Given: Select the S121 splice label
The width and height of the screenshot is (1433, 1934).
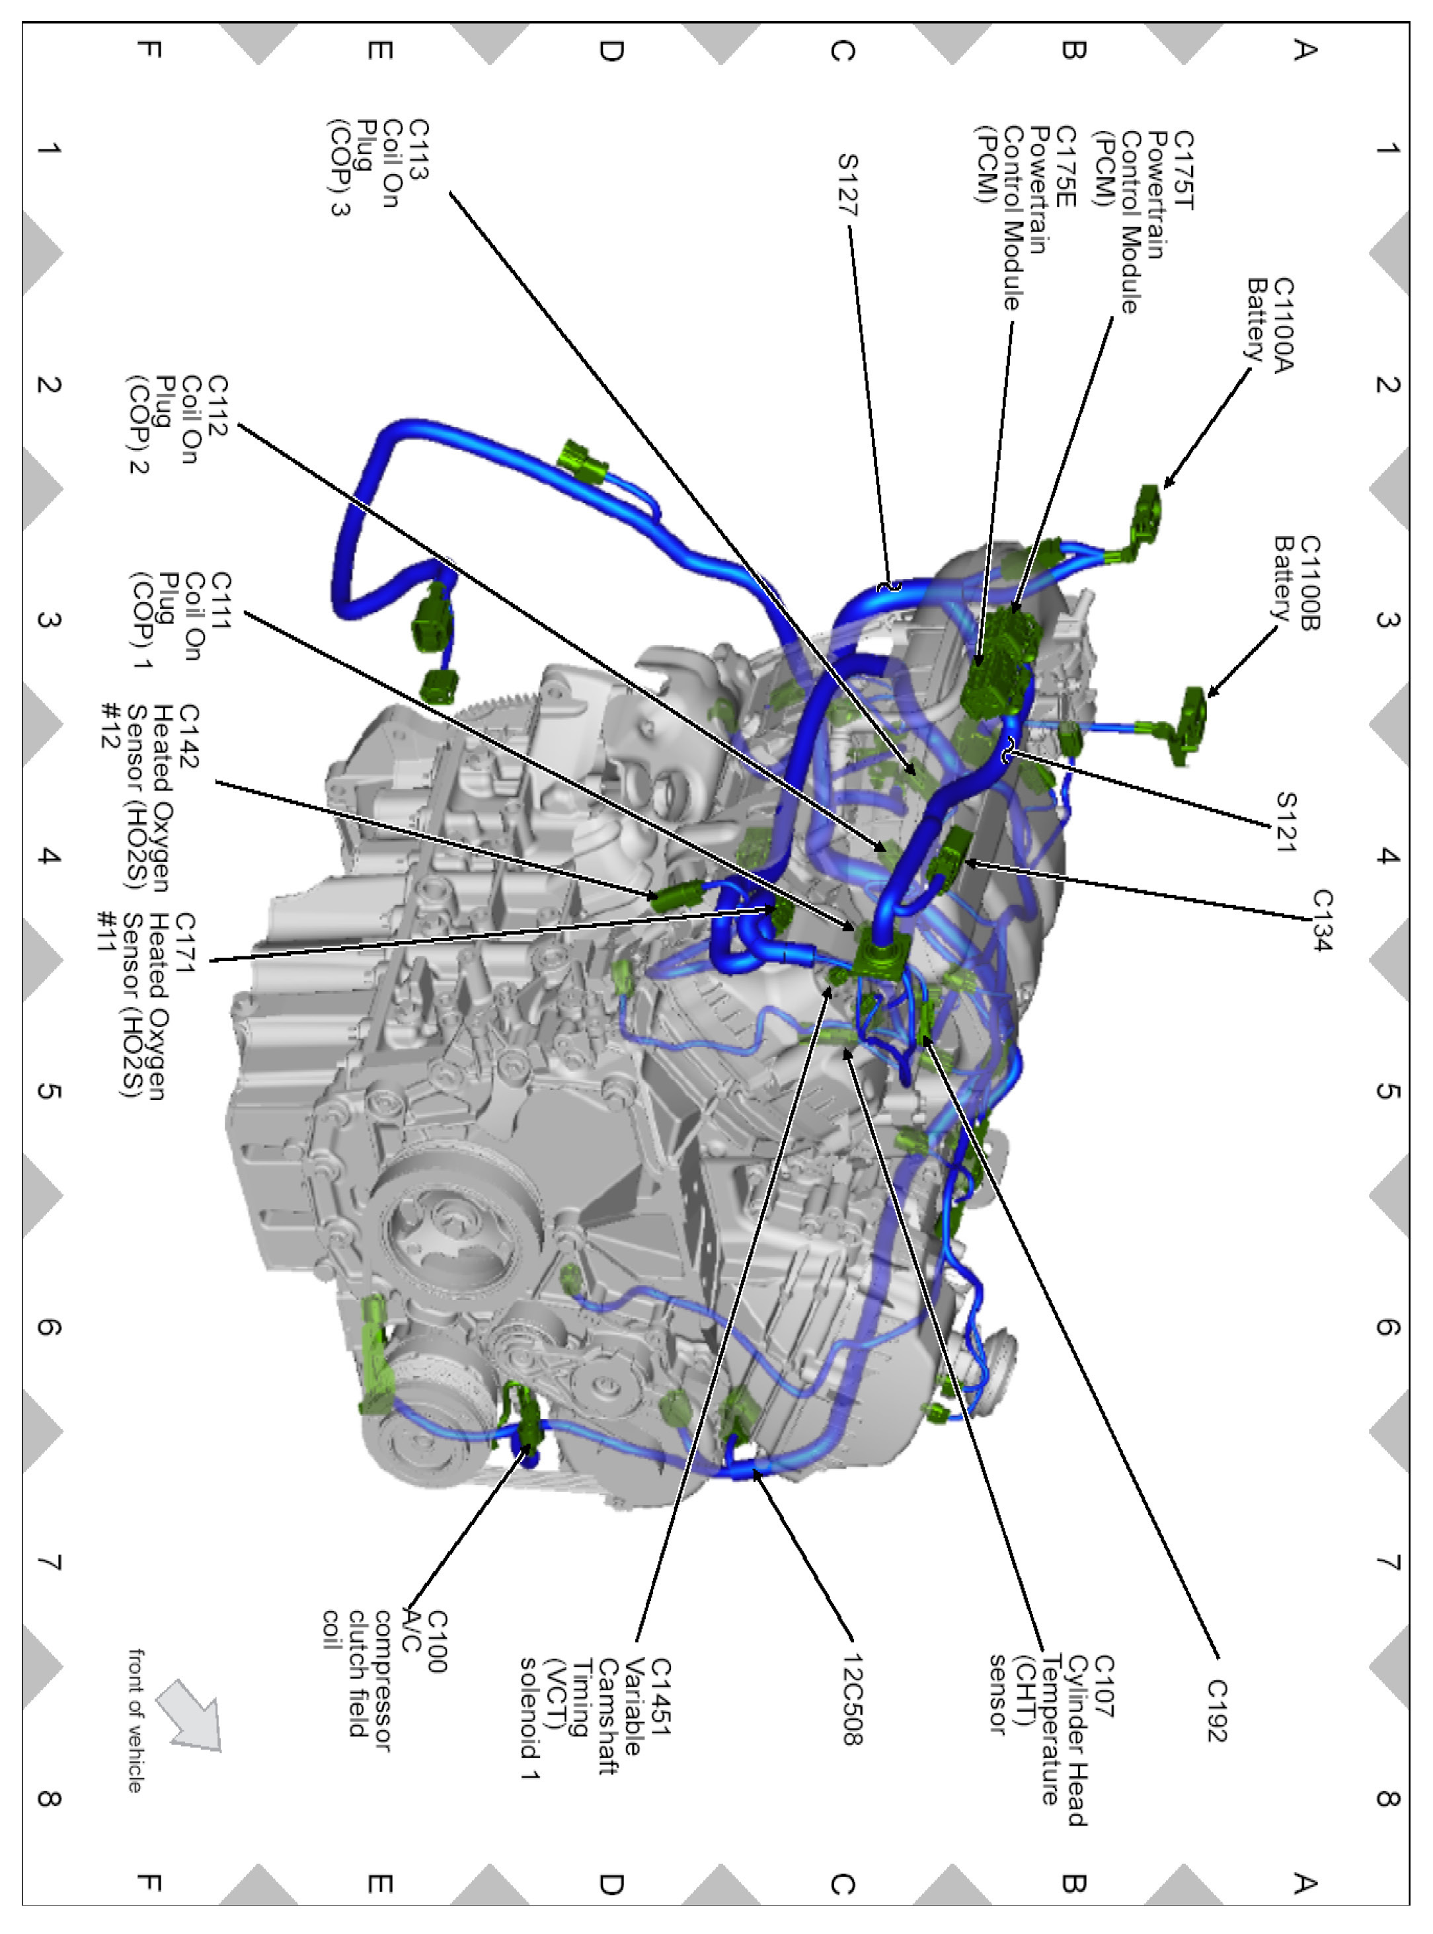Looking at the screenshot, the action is tap(1286, 822).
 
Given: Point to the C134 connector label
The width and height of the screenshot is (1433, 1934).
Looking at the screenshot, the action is tap(1322, 919).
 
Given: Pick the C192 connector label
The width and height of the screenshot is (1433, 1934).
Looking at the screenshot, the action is tap(1217, 1710).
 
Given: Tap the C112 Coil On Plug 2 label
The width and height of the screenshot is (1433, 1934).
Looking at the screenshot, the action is tap(178, 424).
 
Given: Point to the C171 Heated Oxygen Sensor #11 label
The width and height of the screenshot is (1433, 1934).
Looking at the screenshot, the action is tap(145, 1006).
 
